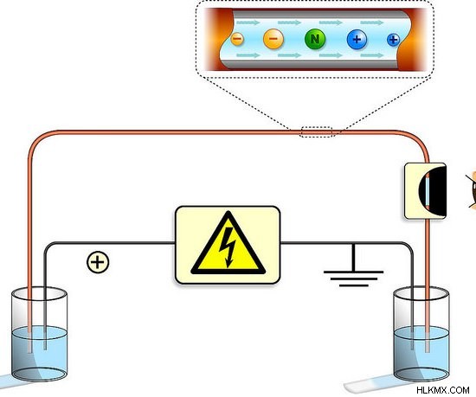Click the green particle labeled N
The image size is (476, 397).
tap(315, 39)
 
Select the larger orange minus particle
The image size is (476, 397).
tap(273, 39)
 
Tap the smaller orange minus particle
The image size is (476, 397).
tap(237, 39)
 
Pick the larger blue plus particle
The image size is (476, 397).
tap(357, 39)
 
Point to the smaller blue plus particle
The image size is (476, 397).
tap(394, 40)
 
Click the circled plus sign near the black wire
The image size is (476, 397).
tap(98, 262)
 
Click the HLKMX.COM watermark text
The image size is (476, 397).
tap(443, 390)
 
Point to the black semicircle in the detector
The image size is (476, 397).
tap(437, 190)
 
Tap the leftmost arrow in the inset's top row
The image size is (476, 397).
tap(248, 22)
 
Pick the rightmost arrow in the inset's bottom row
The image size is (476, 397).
tap(372, 55)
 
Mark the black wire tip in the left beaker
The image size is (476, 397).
tap(45, 349)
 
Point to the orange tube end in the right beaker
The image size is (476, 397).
tap(428, 351)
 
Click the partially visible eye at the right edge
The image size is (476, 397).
tap(472, 190)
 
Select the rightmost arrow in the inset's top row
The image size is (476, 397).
tap(372, 22)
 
